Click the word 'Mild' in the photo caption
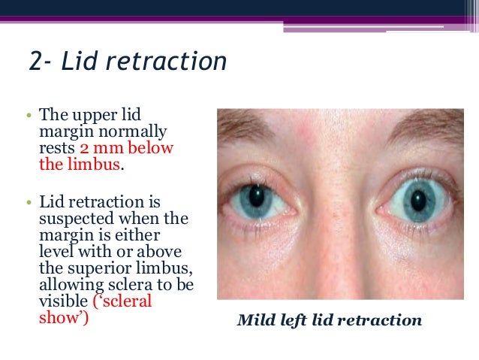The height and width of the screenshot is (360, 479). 256,321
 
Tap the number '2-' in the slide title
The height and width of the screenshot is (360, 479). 40,62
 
